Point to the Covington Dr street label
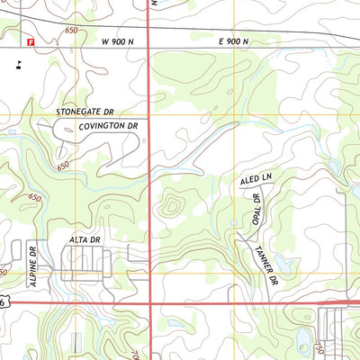coord(109,126)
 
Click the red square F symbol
coord(30,41)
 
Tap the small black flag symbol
coord(18,63)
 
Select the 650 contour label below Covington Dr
coord(62,166)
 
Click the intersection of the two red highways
coord(148,302)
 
